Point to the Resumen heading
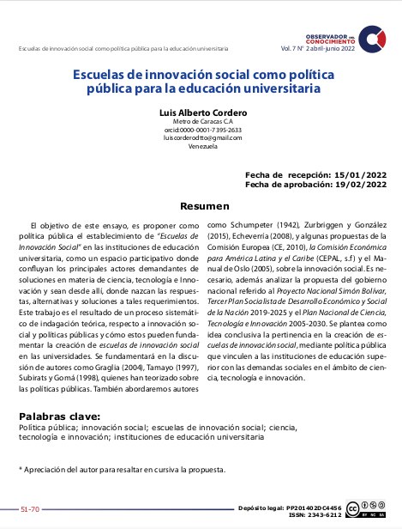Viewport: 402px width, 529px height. (x=204, y=206)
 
